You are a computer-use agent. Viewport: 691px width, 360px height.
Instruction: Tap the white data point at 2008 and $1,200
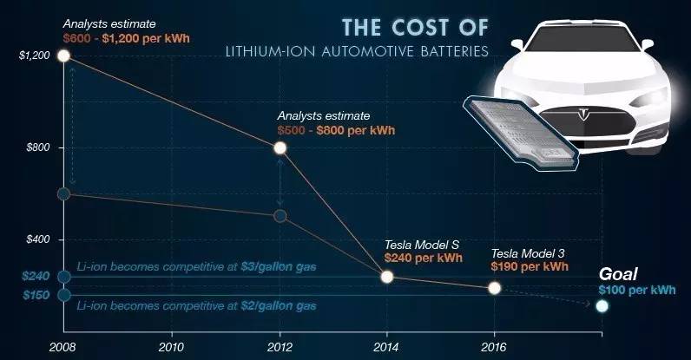(x=63, y=56)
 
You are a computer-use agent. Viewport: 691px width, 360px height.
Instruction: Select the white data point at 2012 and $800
(x=280, y=147)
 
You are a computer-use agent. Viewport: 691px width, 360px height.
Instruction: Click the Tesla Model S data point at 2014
(x=387, y=277)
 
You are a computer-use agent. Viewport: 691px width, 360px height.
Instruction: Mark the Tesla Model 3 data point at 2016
(x=494, y=288)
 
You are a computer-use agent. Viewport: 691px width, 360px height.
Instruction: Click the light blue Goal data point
(x=602, y=305)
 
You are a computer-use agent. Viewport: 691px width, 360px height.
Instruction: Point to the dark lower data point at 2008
(x=63, y=193)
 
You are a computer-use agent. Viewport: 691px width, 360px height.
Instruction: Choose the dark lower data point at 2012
(x=280, y=215)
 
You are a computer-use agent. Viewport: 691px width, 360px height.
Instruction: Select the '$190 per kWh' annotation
(x=529, y=268)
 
